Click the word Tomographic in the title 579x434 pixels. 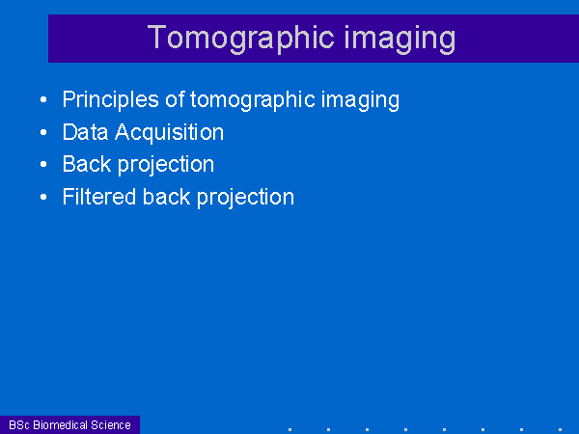[x=240, y=39]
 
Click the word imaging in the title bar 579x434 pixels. [x=400, y=39]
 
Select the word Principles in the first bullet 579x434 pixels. [x=111, y=100]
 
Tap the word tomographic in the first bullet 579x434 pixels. [x=253, y=100]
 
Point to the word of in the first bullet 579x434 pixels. [x=175, y=99]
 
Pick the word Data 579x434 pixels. [x=85, y=132]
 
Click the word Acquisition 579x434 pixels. [x=169, y=132]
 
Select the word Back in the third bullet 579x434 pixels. [x=87, y=164]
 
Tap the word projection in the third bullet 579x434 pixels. [x=166, y=165]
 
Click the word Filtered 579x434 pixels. [x=99, y=197]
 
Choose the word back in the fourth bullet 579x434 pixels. [x=167, y=197]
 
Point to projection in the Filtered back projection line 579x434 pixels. [x=245, y=198]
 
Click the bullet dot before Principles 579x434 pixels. [x=43, y=99]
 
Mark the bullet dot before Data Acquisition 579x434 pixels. [x=43, y=132]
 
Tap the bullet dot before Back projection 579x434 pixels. [x=43, y=164]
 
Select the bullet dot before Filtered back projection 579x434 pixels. [x=43, y=197]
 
